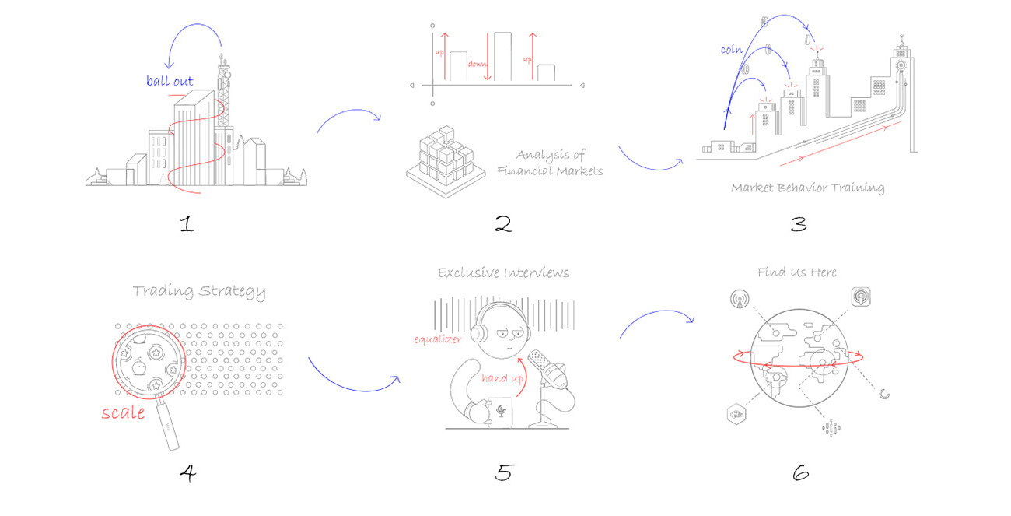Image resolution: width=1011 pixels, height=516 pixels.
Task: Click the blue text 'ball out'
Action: tap(170, 81)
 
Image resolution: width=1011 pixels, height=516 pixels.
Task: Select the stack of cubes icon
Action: tap(440, 159)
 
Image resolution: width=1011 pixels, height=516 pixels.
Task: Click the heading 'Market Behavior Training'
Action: tap(807, 188)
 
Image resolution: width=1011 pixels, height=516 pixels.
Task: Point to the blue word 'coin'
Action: tap(732, 50)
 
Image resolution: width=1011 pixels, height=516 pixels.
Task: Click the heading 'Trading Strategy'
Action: tap(198, 292)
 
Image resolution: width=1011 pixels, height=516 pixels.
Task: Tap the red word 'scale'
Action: tap(123, 412)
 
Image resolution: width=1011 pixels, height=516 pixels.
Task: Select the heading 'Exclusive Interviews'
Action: tap(503, 272)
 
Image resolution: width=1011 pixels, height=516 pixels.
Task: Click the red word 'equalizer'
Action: tap(438, 339)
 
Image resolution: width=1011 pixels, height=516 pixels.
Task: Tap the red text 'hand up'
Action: tap(500, 378)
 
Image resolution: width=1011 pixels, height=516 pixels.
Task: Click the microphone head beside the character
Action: tap(547, 369)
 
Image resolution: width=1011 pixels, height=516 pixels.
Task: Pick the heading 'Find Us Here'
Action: tap(796, 272)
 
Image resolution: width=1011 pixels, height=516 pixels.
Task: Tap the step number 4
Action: tap(187, 472)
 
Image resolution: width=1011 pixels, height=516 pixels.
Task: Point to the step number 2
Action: tap(503, 225)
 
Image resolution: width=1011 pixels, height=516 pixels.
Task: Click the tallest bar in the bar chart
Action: tap(502, 57)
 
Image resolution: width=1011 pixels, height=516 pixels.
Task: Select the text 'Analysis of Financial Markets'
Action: tap(550, 163)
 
